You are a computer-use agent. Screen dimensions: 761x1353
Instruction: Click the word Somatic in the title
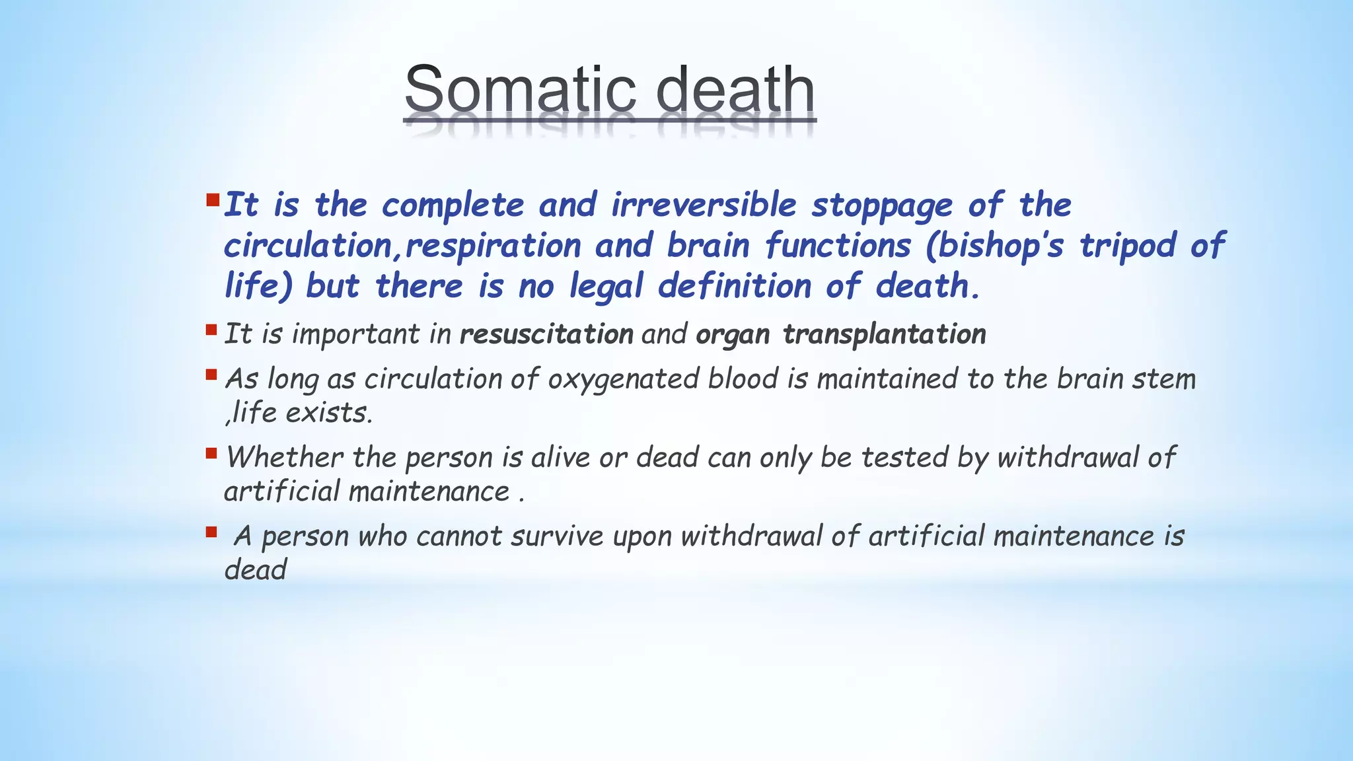(522, 91)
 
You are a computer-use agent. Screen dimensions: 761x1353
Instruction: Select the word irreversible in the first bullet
(704, 205)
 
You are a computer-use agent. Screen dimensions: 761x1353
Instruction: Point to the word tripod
(1128, 246)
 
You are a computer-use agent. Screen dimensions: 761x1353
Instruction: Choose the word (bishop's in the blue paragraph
(994, 246)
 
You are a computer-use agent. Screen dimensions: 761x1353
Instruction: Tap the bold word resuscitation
(546, 334)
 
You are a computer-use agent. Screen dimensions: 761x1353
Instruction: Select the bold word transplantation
(884, 334)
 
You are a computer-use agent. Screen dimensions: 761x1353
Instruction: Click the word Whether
(285, 457)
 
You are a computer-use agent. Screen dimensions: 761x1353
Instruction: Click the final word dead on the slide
(255, 570)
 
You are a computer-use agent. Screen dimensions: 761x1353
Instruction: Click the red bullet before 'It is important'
(211, 329)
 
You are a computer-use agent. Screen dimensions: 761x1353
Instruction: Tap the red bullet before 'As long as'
(211, 375)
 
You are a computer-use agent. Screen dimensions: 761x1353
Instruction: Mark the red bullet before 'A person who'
(211, 531)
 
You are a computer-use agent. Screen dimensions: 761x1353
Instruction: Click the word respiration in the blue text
(493, 246)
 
